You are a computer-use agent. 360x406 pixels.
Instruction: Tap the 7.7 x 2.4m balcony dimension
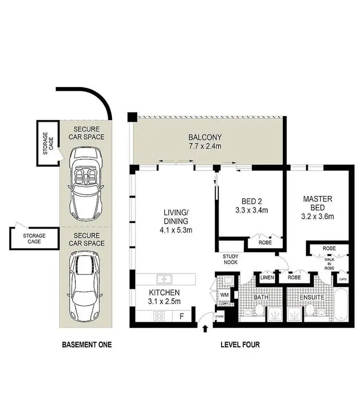click(x=205, y=146)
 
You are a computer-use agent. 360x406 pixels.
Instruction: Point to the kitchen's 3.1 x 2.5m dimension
click(x=164, y=301)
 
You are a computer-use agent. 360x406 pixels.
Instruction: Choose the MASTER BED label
click(x=317, y=203)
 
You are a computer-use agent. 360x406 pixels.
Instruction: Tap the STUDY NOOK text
click(x=230, y=259)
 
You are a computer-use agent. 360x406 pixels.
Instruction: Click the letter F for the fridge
click(x=181, y=316)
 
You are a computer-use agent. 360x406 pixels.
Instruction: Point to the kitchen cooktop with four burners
click(x=159, y=316)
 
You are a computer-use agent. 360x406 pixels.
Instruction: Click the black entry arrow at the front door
click(x=205, y=329)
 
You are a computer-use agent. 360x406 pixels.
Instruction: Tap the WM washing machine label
click(x=224, y=295)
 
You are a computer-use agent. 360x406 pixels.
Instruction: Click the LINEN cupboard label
click(x=267, y=277)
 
